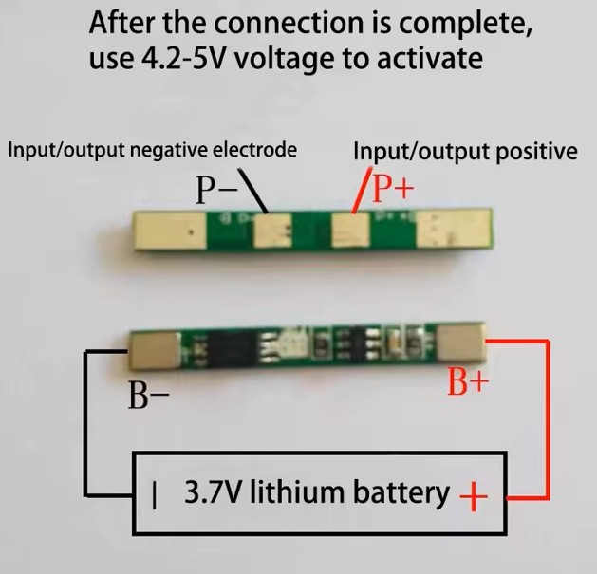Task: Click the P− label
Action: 216,190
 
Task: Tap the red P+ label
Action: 393,188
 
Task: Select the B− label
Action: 148,395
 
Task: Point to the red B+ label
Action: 468,381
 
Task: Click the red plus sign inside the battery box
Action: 474,496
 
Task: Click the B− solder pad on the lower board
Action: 155,351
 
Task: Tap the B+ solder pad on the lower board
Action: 461,342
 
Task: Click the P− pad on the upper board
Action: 273,231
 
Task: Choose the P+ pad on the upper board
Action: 350,230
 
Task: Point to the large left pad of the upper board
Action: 170,231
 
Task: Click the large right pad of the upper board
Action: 454,228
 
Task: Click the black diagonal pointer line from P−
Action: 252,191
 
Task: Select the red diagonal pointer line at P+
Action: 363,190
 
